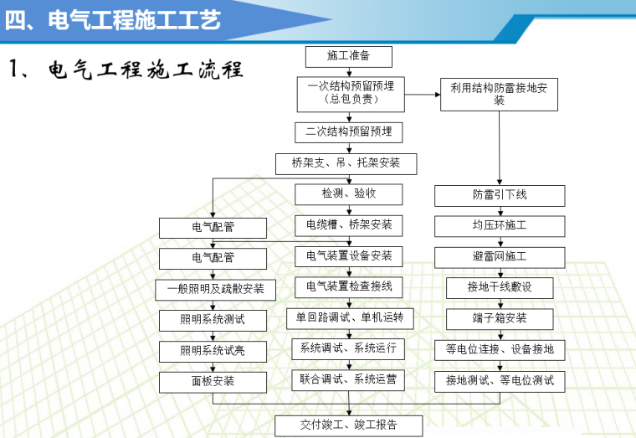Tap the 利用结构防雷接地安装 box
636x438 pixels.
[x=499, y=93]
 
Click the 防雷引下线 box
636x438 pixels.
[x=499, y=195]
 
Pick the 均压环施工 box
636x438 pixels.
[x=499, y=226]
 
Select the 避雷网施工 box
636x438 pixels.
[x=499, y=256]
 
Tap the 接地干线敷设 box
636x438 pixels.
[x=499, y=287]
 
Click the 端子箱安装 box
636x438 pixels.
[x=499, y=318]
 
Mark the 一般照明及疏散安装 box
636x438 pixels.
[x=213, y=289]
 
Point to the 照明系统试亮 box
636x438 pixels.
[x=213, y=350]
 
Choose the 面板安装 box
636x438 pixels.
[x=213, y=381]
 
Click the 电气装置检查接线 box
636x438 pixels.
[x=349, y=286]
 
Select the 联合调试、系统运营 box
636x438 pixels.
[x=349, y=379]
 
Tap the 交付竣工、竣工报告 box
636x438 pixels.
[x=349, y=425]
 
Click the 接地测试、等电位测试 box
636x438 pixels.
[x=500, y=380]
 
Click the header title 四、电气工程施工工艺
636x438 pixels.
[x=113, y=18]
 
